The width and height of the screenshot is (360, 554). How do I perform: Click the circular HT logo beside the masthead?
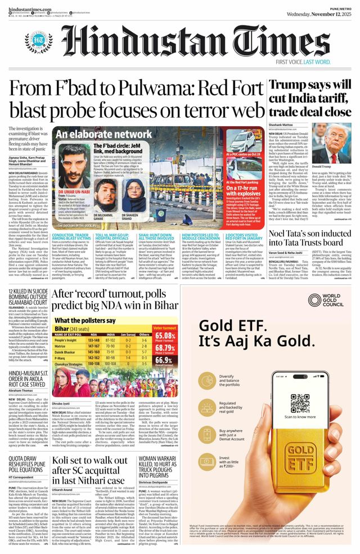click(39, 42)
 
